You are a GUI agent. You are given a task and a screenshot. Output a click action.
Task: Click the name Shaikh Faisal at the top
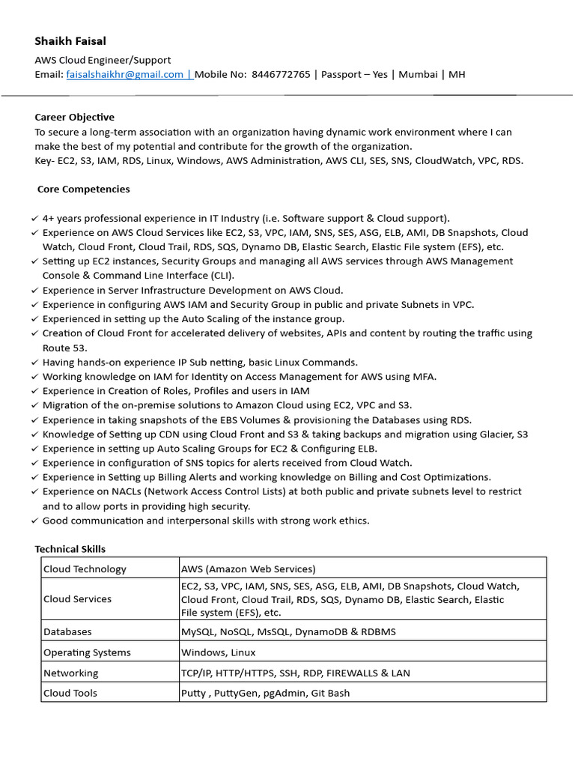(x=70, y=40)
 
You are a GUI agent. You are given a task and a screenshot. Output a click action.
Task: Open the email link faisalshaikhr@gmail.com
(x=125, y=74)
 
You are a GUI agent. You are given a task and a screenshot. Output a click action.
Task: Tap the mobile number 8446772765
(x=281, y=74)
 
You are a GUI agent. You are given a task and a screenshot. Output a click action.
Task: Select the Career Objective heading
(x=75, y=117)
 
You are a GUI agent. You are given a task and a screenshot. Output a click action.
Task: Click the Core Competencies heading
(x=83, y=189)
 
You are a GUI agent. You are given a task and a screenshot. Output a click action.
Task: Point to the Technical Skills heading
(x=70, y=549)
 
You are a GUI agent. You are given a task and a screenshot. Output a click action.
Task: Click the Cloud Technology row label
(x=85, y=569)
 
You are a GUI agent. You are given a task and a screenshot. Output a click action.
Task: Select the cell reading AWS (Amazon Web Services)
(x=249, y=569)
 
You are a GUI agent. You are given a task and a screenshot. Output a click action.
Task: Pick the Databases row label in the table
(x=67, y=631)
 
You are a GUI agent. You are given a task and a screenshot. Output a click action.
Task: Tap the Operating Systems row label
(x=87, y=652)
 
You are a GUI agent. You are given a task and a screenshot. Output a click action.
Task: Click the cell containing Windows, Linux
(x=218, y=652)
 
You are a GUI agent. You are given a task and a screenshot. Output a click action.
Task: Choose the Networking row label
(x=70, y=673)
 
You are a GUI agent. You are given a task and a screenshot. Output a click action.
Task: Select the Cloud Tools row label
(x=70, y=693)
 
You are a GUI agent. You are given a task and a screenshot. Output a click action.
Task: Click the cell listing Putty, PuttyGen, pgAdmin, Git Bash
(x=265, y=693)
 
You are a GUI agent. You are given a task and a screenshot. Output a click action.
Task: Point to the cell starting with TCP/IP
(x=295, y=673)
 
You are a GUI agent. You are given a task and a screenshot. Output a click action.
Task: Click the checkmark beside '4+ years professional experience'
(x=35, y=218)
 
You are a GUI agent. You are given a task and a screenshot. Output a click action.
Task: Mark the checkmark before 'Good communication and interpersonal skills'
(x=35, y=521)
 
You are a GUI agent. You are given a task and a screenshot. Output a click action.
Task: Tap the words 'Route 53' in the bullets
(x=65, y=348)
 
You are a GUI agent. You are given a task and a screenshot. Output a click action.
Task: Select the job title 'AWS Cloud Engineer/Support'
(x=103, y=60)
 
